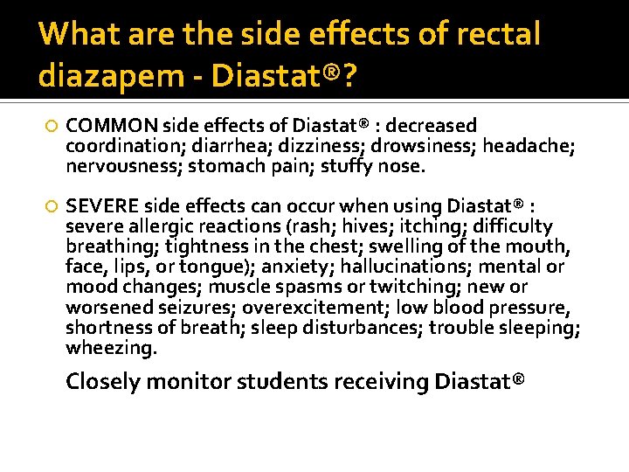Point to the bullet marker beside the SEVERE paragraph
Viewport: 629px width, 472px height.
[x=52, y=206]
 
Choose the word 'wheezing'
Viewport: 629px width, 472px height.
[x=111, y=347]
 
